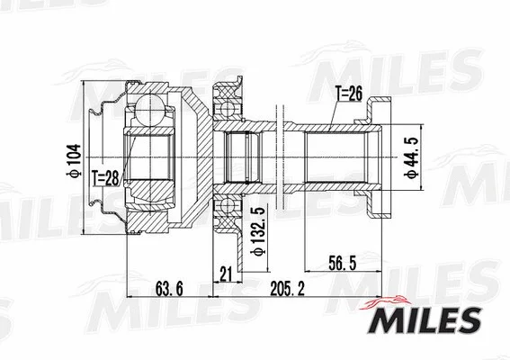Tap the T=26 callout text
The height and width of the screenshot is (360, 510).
point(348,93)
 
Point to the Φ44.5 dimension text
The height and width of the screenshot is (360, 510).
point(411,154)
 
